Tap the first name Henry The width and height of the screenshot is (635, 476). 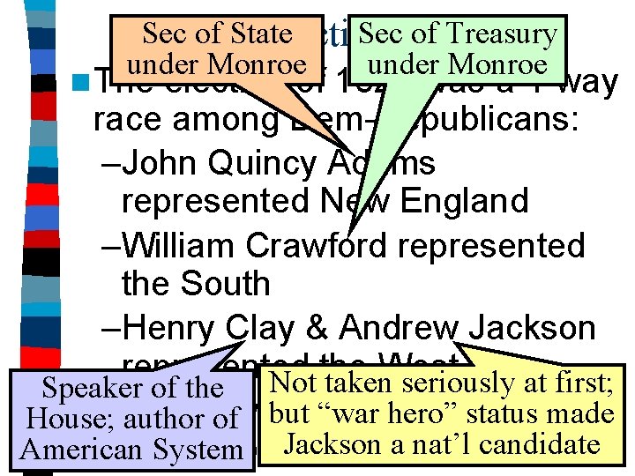(x=169, y=327)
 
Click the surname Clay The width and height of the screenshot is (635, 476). (x=259, y=327)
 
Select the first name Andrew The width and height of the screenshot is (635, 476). (x=398, y=327)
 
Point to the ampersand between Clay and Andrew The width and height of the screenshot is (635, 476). (x=316, y=327)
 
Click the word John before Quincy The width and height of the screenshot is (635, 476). (x=161, y=165)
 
